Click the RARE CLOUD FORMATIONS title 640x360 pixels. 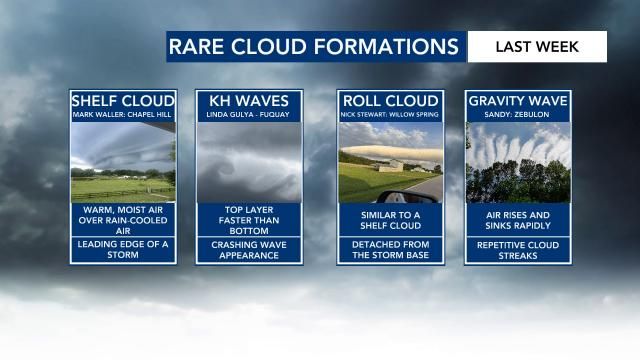tap(313, 47)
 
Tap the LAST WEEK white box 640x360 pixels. tap(537, 47)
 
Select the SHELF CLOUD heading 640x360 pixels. tap(122, 101)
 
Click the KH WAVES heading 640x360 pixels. tap(248, 101)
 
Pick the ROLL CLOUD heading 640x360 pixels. tap(391, 101)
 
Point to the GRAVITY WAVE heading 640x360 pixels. tap(518, 101)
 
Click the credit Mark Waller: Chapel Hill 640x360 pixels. tap(122, 115)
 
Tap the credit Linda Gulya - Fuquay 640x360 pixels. tap(248, 115)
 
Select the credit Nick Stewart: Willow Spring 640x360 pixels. tap(391, 115)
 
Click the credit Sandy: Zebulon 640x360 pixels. tap(518, 115)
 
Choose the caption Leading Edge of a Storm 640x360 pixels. tap(122, 249)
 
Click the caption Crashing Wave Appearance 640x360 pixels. tap(248, 249)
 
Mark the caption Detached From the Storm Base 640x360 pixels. tap(391, 249)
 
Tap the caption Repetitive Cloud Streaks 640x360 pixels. tap(518, 249)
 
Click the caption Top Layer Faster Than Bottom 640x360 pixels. tap(248, 219)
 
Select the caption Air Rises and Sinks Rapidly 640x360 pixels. tap(518, 219)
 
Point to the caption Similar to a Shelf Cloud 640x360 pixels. tap(391, 219)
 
